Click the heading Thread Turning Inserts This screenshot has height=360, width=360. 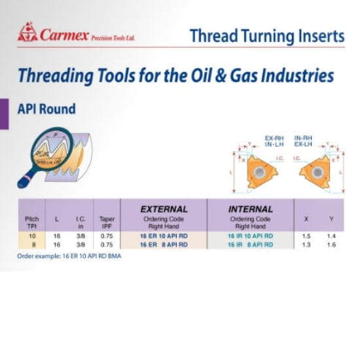(x=266, y=36)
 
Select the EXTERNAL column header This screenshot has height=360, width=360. (x=164, y=209)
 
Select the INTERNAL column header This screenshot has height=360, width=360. (x=250, y=209)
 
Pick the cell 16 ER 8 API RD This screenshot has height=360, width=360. (x=164, y=243)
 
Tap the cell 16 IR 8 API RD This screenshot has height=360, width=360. (x=250, y=243)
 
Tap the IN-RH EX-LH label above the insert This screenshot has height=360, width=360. (x=306, y=141)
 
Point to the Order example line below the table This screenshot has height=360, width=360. (x=69, y=256)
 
